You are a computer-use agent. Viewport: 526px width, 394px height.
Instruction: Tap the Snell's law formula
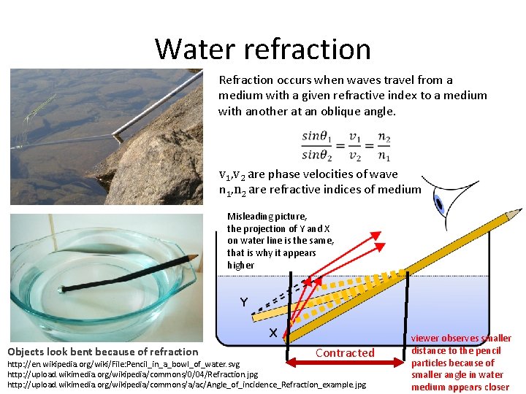[x=346, y=145]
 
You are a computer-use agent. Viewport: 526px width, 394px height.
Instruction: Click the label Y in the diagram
[x=243, y=301]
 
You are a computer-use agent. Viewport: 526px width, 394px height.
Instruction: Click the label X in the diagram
[x=272, y=333]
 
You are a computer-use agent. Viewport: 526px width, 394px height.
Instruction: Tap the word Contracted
[x=345, y=353]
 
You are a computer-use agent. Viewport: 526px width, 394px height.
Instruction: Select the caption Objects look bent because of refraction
[x=102, y=352]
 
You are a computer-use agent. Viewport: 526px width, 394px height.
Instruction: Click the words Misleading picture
[x=267, y=217]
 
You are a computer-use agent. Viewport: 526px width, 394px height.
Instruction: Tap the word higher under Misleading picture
[x=241, y=265]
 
